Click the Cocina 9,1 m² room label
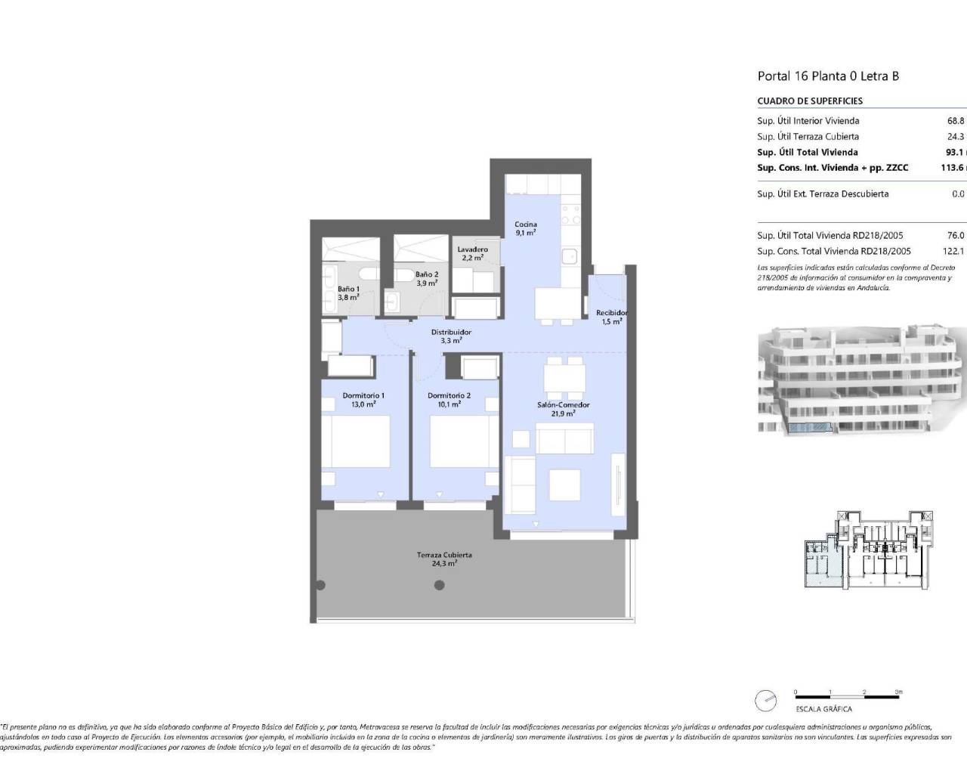tap(526, 228)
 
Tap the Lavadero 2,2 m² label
tap(473, 253)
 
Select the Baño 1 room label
tap(348, 293)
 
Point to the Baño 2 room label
tap(427, 278)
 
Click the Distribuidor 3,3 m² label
tap(451, 336)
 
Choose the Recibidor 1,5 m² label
tap(611, 317)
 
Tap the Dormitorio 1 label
tap(363, 400)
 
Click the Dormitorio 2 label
tap(449, 400)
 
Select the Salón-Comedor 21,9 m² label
tap(564, 409)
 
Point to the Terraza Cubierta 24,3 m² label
tap(444, 559)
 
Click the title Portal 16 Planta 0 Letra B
tap(828, 76)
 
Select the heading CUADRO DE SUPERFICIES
tap(810, 101)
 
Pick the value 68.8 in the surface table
tap(956, 120)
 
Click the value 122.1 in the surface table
tap(953, 251)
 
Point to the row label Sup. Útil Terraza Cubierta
tap(808, 137)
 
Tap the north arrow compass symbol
tap(765, 700)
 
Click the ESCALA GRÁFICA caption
tap(823, 709)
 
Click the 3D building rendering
tap(861, 382)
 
